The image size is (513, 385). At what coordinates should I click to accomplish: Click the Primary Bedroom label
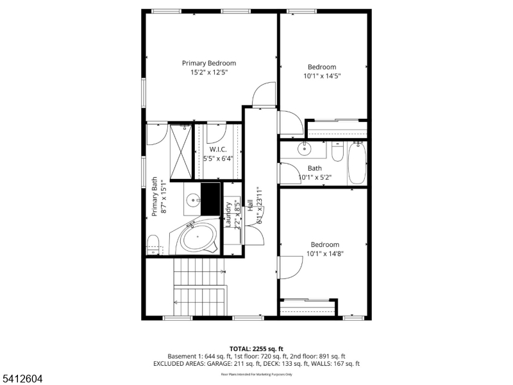tap(209, 63)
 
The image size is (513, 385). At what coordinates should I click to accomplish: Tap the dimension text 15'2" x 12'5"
tap(209, 73)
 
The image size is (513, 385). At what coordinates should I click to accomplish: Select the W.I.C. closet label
tap(219, 149)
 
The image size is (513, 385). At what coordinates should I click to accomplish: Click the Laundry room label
tap(228, 214)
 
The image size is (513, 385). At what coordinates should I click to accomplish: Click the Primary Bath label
tap(155, 198)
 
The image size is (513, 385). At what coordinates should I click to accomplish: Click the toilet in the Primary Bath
tap(153, 243)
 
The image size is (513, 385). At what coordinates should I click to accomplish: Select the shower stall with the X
tap(181, 151)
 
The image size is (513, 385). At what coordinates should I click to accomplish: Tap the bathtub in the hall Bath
tap(357, 163)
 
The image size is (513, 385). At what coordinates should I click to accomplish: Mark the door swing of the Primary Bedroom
tap(264, 96)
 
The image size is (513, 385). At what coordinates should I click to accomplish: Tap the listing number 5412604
tap(22, 379)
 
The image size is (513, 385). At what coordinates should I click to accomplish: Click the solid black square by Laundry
tap(210, 198)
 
